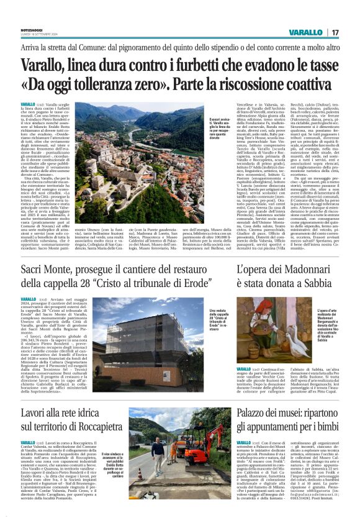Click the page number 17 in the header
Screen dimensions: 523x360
coord(335,32)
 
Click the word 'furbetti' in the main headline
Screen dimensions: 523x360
coord(207,64)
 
